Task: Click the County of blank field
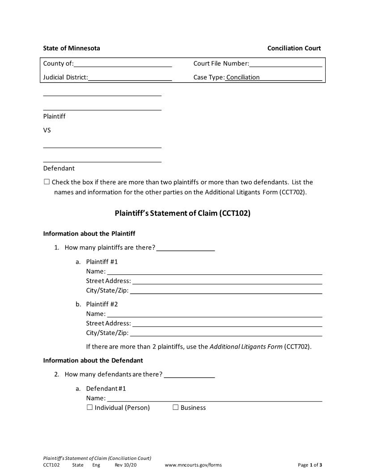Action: [123, 63]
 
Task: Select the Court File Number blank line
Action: [286, 63]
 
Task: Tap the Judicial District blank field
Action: [130, 77]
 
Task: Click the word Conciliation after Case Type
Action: [243, 77]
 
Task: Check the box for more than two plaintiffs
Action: [47, 182]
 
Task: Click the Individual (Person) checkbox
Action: [89, 407]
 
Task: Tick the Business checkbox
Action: [175, 407]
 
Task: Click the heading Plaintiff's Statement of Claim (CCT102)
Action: [182, 213]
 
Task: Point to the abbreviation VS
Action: [47, 130]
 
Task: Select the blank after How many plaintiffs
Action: [186, 248]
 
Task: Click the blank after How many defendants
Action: [190, 375]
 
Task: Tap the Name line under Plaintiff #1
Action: [214, 271]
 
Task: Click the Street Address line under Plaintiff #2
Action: [227, 324]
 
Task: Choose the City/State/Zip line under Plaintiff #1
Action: [226, 291]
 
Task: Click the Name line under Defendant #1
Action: [214, 398]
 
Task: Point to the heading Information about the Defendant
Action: [93, 360]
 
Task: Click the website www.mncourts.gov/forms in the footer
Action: [193, 465]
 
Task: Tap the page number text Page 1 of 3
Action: [310, 465]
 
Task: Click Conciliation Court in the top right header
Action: [294, 48]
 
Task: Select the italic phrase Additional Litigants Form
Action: [246, 346]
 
